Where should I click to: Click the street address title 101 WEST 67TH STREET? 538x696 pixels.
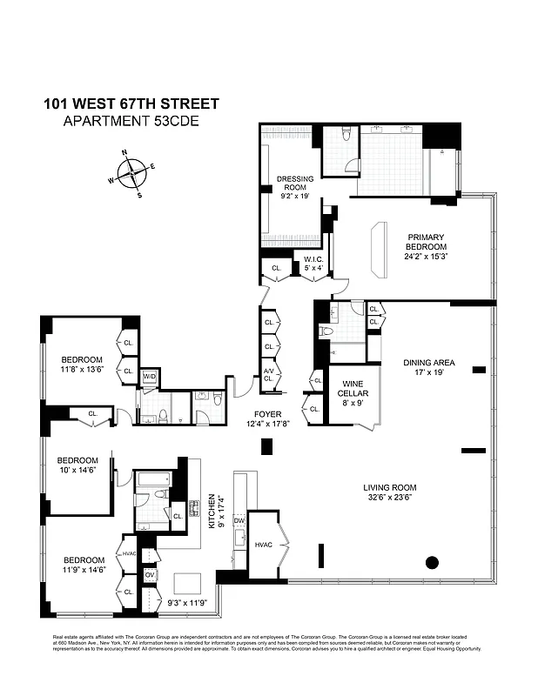(x=131, y=104)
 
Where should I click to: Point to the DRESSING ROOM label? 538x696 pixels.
(x=295, y=184)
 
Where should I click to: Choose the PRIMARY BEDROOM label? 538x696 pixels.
(x=426, y=242)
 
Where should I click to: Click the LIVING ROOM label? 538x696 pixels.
(x=390, y=487)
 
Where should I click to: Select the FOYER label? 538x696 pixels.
(x=266, y=414)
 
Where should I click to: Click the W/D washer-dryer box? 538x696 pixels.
(x=149, y=377)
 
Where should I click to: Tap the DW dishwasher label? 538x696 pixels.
(x=239, y=520)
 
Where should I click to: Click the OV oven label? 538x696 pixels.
(x=149, y=575)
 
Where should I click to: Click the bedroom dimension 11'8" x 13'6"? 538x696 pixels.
(x=82, y=370)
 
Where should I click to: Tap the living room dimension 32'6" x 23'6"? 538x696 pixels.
(x=390, y=499)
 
